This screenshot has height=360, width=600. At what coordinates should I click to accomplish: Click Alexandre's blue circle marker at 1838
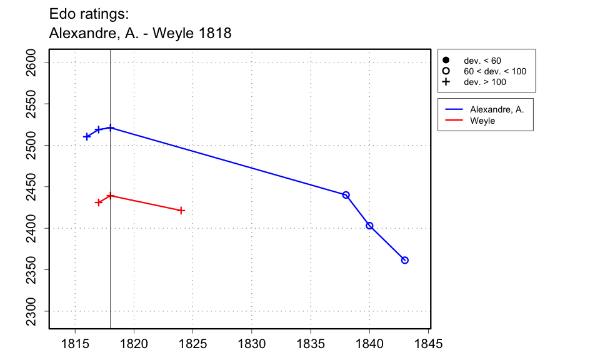click(346, 195)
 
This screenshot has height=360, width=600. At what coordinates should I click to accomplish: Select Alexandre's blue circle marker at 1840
click(369, 226)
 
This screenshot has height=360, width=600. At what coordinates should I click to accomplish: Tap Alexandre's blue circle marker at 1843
click(405, 260)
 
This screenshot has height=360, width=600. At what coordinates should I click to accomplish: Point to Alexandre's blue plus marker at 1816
click(87, 136)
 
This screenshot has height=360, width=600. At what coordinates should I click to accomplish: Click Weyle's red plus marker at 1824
click(181, 211)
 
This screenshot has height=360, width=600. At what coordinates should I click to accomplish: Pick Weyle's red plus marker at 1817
click(99, 202)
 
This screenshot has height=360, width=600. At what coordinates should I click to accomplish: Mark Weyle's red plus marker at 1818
click(111, 196)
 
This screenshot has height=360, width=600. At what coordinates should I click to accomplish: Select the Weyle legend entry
click(482, 121)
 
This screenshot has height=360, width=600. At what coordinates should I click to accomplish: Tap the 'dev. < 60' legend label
click(482, 61)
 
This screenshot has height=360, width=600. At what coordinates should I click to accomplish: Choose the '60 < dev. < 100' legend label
click(494, 71)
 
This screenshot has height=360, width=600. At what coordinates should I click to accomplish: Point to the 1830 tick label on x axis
click(252, 344)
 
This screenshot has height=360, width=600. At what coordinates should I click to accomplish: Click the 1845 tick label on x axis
click(428, 344)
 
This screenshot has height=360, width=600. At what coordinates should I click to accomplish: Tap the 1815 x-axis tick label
click(75, 344)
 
